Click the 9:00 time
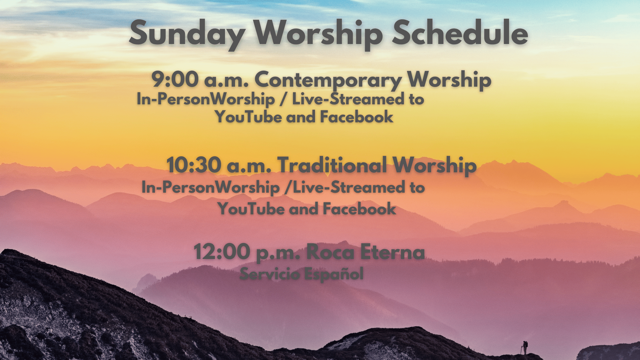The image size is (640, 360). tap(175, 80)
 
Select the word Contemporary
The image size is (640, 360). tap(328, 81)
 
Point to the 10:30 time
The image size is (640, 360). tap(194, 165)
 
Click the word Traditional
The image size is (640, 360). tap(332, 165)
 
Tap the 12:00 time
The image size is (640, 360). tap(222, 252)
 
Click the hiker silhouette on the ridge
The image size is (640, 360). tap(524, 348)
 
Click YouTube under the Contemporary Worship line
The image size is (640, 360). tap(249, 117)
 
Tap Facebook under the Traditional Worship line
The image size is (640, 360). tap(359, 209)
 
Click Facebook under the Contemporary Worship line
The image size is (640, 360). tap(357, 117)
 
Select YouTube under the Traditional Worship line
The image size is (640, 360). tap(251, 209)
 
